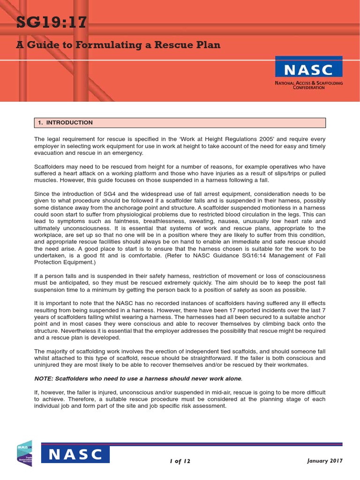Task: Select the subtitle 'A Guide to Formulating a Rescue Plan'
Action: pyautogui.click(x=118, y=45)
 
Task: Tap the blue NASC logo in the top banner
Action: pyautogui.click(x=309, y=70)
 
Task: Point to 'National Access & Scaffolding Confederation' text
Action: pyautogui.click(x=309, y=85)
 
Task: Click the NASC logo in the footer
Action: pyautogui.click(x=75, y=454)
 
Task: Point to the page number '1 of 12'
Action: pyautogui.click(x=180, y=461)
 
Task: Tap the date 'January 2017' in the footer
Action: pyautogui.click(x=325, y=461)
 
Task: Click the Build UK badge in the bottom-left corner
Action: pyautogui.click(x=24, y=453)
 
